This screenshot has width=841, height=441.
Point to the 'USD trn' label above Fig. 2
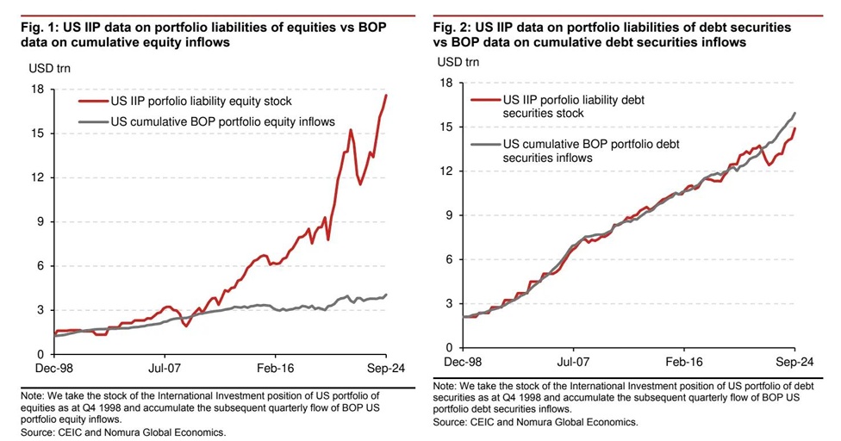pyautogui.click(x=458, y=61)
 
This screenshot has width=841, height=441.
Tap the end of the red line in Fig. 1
pyautogui.click(x=386, y=95)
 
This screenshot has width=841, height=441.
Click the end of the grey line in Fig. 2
pyautogui.click(x=794, y=113)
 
